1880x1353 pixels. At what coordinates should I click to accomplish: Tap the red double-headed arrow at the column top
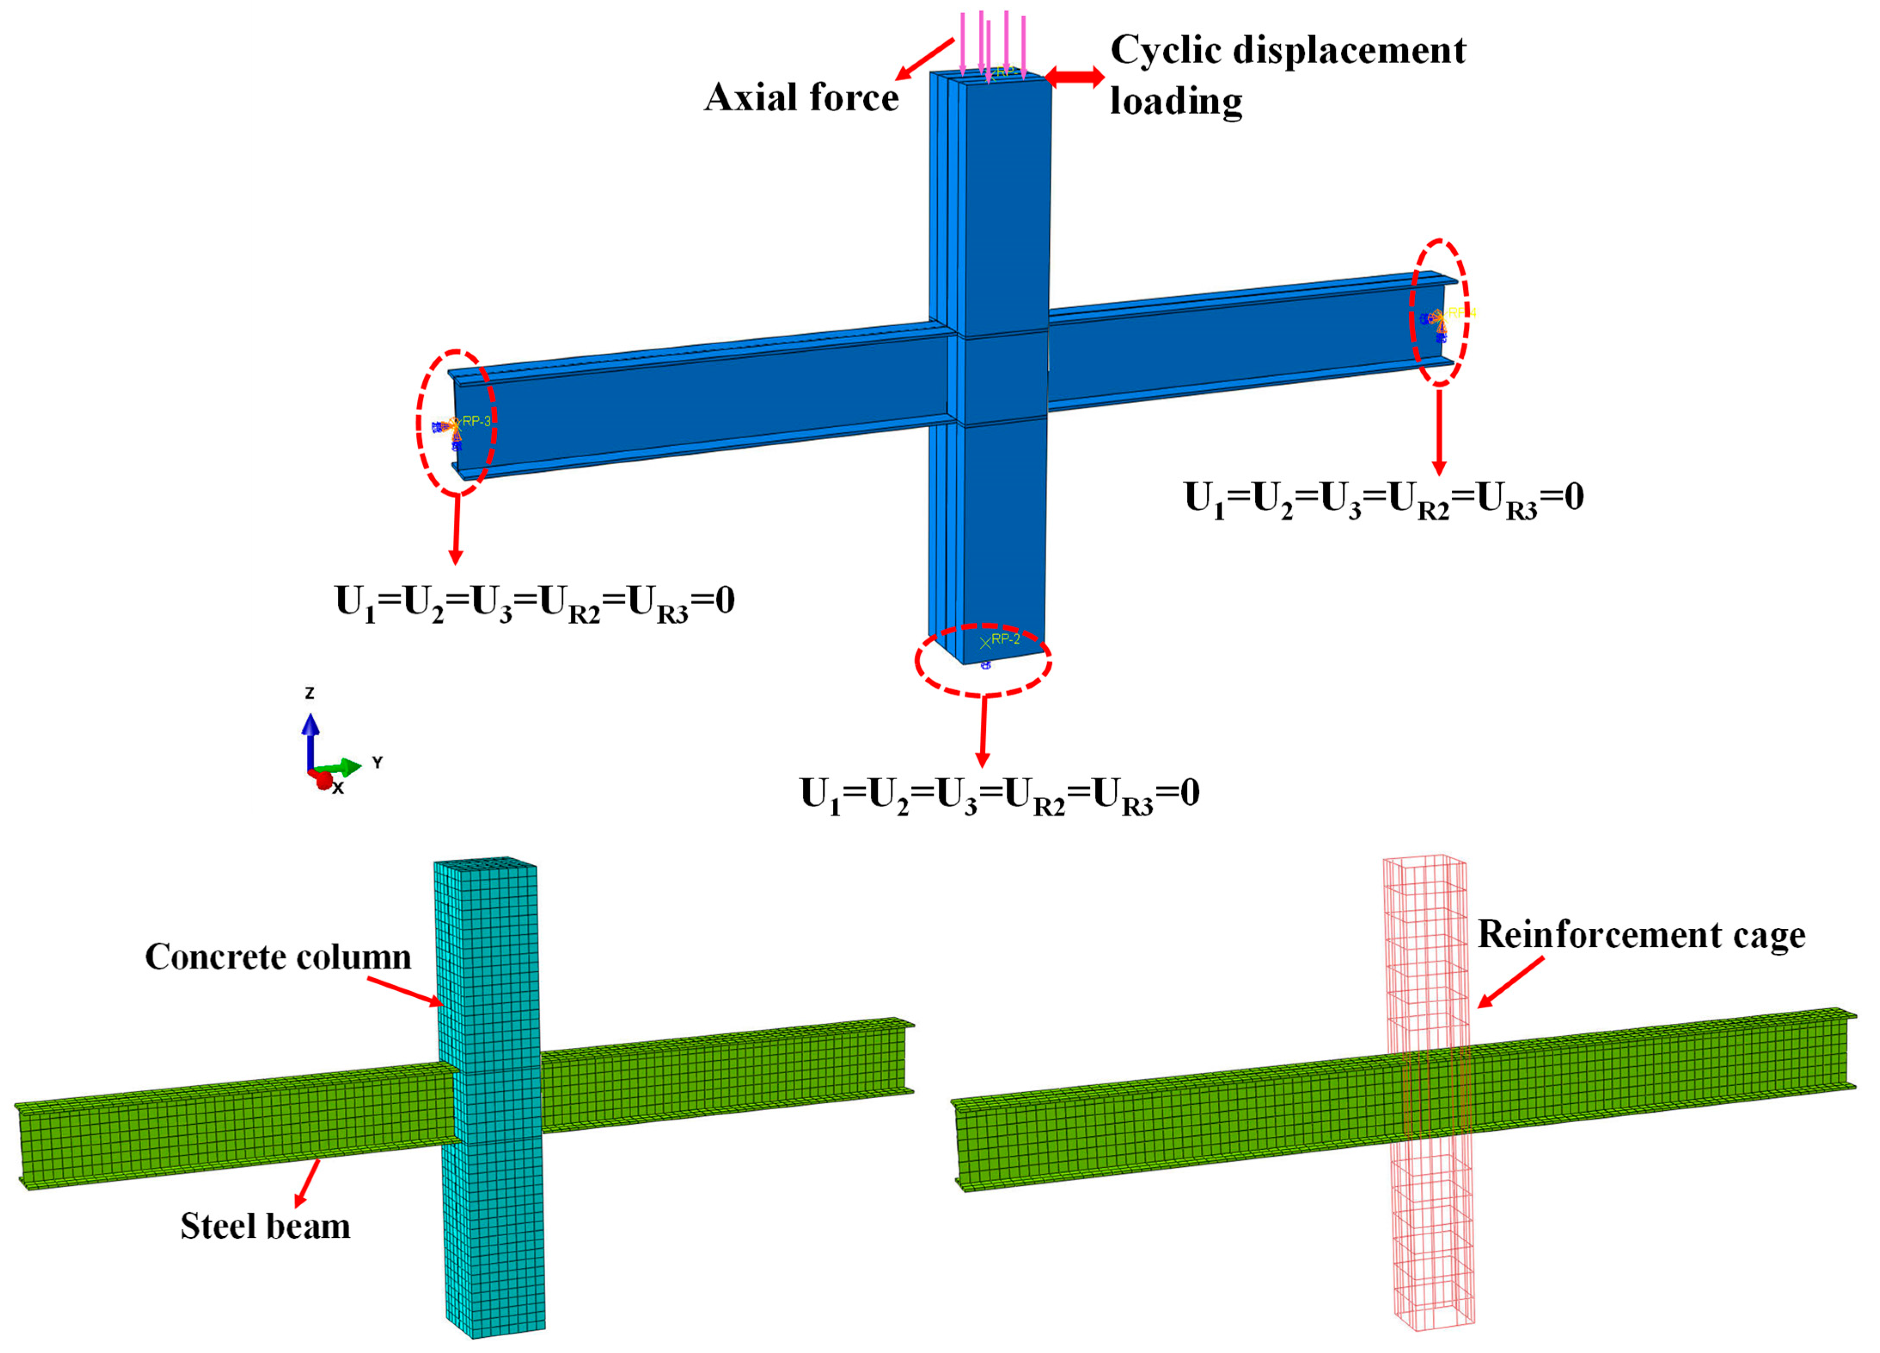tap(1074, 77)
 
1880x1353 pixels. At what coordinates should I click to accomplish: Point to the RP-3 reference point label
tap(477, 421)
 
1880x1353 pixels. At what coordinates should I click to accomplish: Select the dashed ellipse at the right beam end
tap(1441, 312)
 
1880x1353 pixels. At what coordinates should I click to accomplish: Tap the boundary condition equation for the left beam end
tap(535, 602)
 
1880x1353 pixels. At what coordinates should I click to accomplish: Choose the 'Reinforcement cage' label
tap(1641, 934)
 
